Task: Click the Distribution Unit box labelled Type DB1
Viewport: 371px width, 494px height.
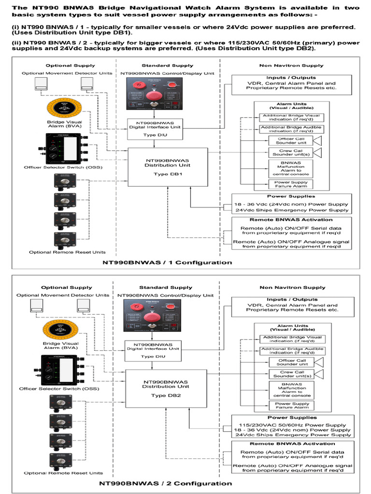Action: pyautogui.click(x=167, y=167)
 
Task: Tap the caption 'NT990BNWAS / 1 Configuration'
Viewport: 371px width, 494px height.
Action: pyautogui.click(x=167, y=262)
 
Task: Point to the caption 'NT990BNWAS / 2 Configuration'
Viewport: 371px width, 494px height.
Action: pyautogui.click(x=166, y=483)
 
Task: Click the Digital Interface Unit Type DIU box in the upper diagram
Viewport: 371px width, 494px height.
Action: pyautogui.click(x=154, y=128)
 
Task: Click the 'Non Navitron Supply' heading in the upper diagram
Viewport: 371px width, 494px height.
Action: pyautogui.click(x=291, y=66)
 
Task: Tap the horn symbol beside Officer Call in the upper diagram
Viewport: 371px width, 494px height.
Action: pyautogui.click(x=318, y=140)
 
